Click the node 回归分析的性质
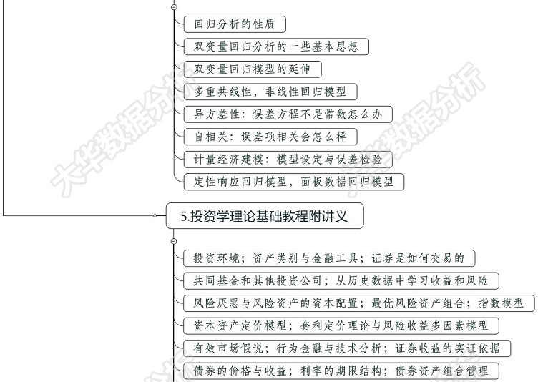tap(235, 24)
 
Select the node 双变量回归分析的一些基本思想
tap(275, 47)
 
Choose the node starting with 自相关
tap(270, 137)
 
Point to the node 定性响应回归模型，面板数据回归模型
tap(293, 182)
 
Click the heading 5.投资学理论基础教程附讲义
tap(264, 215)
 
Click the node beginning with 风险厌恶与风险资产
tap(358, 303)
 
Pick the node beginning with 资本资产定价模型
tap(341, 326)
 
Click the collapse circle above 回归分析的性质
tap(174, 6)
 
